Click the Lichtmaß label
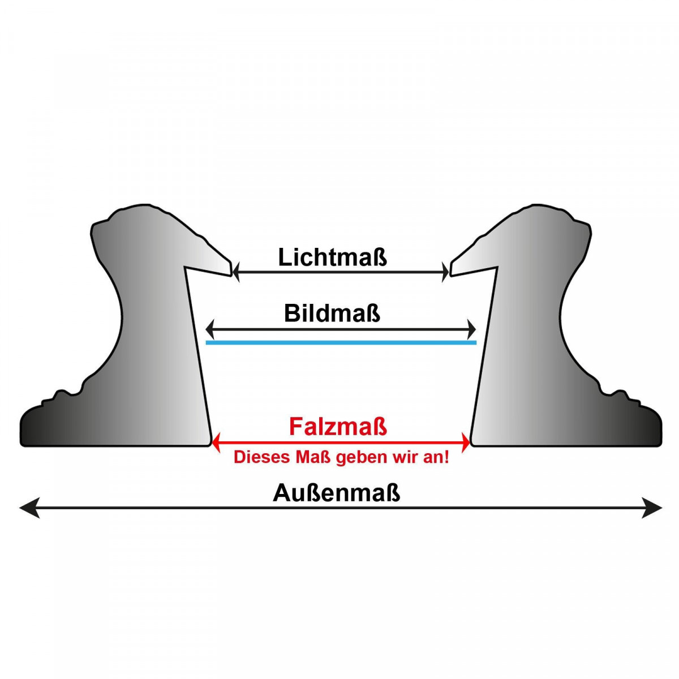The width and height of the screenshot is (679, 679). (x=332, y=257)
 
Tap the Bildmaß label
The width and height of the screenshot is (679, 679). (x=332, y=313)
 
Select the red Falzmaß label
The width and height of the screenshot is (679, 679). (x=338, y=427)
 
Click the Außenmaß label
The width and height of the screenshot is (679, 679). (x=336, y=493)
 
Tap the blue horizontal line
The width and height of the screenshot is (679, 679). (x=341, y=342)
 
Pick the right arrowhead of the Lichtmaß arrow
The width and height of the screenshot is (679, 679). (x=445, y=272)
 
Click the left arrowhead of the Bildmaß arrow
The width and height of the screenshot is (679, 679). (x=210, y=329)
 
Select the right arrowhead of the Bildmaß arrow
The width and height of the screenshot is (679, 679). (x=471, y=329)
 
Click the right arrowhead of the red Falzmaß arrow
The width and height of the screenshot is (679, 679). (x=466, y=442)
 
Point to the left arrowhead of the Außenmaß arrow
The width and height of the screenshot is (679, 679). (x=29, y=508)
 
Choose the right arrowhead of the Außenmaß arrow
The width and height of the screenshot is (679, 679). (x=651, y=508)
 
